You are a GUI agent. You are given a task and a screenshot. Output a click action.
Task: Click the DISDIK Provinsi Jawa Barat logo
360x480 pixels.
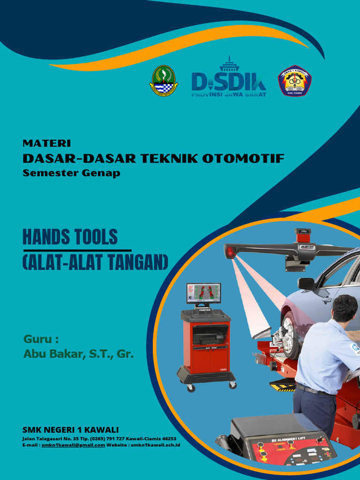229,80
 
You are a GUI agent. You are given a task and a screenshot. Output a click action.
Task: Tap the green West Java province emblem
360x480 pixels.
164,81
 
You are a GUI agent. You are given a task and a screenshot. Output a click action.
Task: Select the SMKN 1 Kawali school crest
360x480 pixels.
295,81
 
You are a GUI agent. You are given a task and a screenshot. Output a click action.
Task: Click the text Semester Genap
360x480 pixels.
71,173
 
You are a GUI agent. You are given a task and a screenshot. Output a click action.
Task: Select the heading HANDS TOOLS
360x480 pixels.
70,238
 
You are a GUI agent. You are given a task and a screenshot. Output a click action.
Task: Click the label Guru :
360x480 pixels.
42,339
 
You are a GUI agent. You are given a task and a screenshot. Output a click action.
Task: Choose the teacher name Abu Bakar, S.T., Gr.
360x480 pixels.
78,354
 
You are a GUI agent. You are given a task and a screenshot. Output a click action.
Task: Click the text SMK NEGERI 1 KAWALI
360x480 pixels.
70,430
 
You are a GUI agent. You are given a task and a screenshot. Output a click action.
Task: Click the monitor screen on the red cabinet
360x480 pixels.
203,293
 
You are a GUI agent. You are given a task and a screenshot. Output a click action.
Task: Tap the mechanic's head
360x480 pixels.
345,307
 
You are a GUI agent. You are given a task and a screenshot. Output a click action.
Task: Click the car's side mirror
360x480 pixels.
306,284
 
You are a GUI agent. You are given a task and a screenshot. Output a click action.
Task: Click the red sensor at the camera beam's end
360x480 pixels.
230,252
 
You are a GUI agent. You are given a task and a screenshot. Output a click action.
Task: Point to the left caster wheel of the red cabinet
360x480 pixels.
191,388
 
